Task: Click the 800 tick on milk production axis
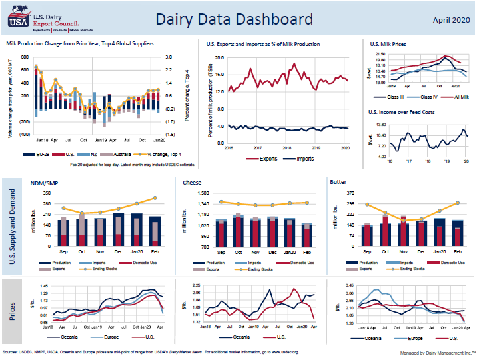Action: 23,57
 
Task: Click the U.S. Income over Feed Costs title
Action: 402,113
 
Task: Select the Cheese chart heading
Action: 192,181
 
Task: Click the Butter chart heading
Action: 338,181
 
